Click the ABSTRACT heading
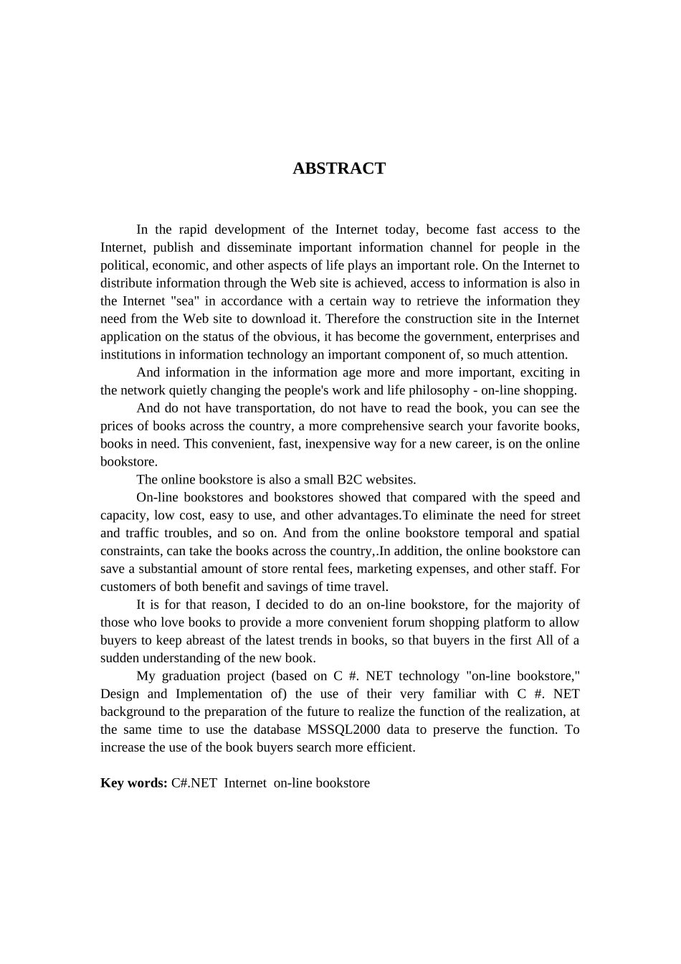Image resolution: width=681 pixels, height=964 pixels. pos(339,169)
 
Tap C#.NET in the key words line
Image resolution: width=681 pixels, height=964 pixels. pos(194,783)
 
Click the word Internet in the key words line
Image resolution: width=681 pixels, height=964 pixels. pos(245,783)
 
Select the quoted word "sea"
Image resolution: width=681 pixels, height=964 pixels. pos(186,301)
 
